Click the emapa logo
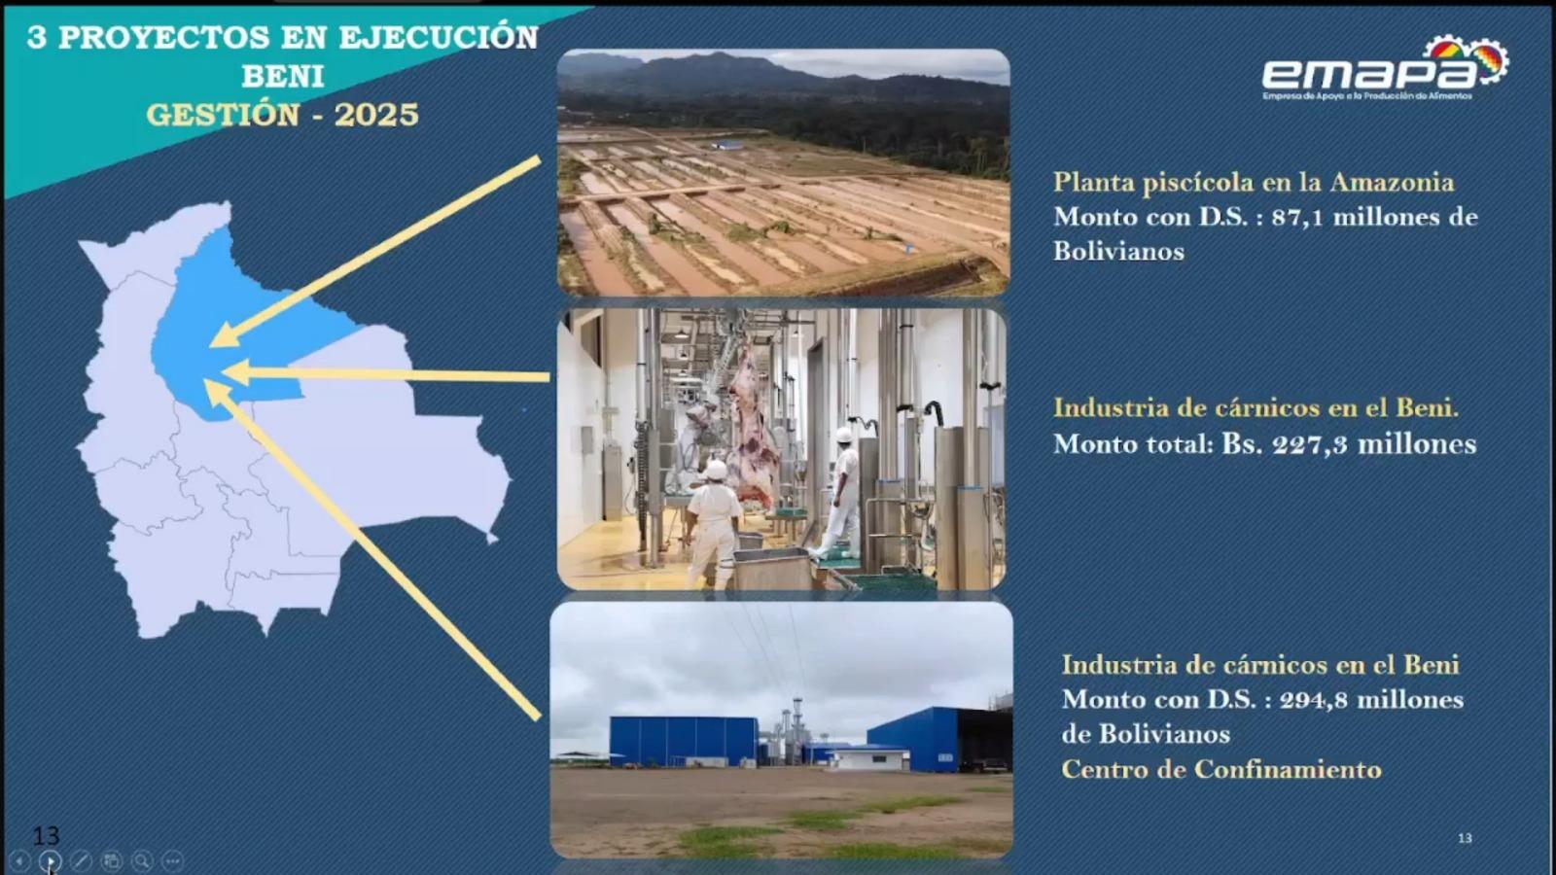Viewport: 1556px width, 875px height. [x=1385, y=68]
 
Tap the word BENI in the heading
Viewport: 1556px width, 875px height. [x=283, y=77]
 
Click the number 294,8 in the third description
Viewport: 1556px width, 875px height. [x=1314, y=700]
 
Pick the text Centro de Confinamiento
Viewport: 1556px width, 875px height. [x=1221, y=769]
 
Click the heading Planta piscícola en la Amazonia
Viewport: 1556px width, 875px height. [x=1254, y=183]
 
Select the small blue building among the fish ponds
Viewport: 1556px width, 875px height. [x=728, y=145]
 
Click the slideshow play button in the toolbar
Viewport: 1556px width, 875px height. [x=50, y=861]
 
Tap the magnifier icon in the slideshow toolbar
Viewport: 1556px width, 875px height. [x=142, y=861]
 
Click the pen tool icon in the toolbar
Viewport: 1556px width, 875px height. [x=81, y=861]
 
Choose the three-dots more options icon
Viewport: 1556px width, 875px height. [x=172, y=861]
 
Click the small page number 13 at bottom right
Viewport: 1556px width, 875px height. [x=1465, y=838]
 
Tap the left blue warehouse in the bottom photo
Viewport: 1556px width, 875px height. [x=684, y=742]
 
